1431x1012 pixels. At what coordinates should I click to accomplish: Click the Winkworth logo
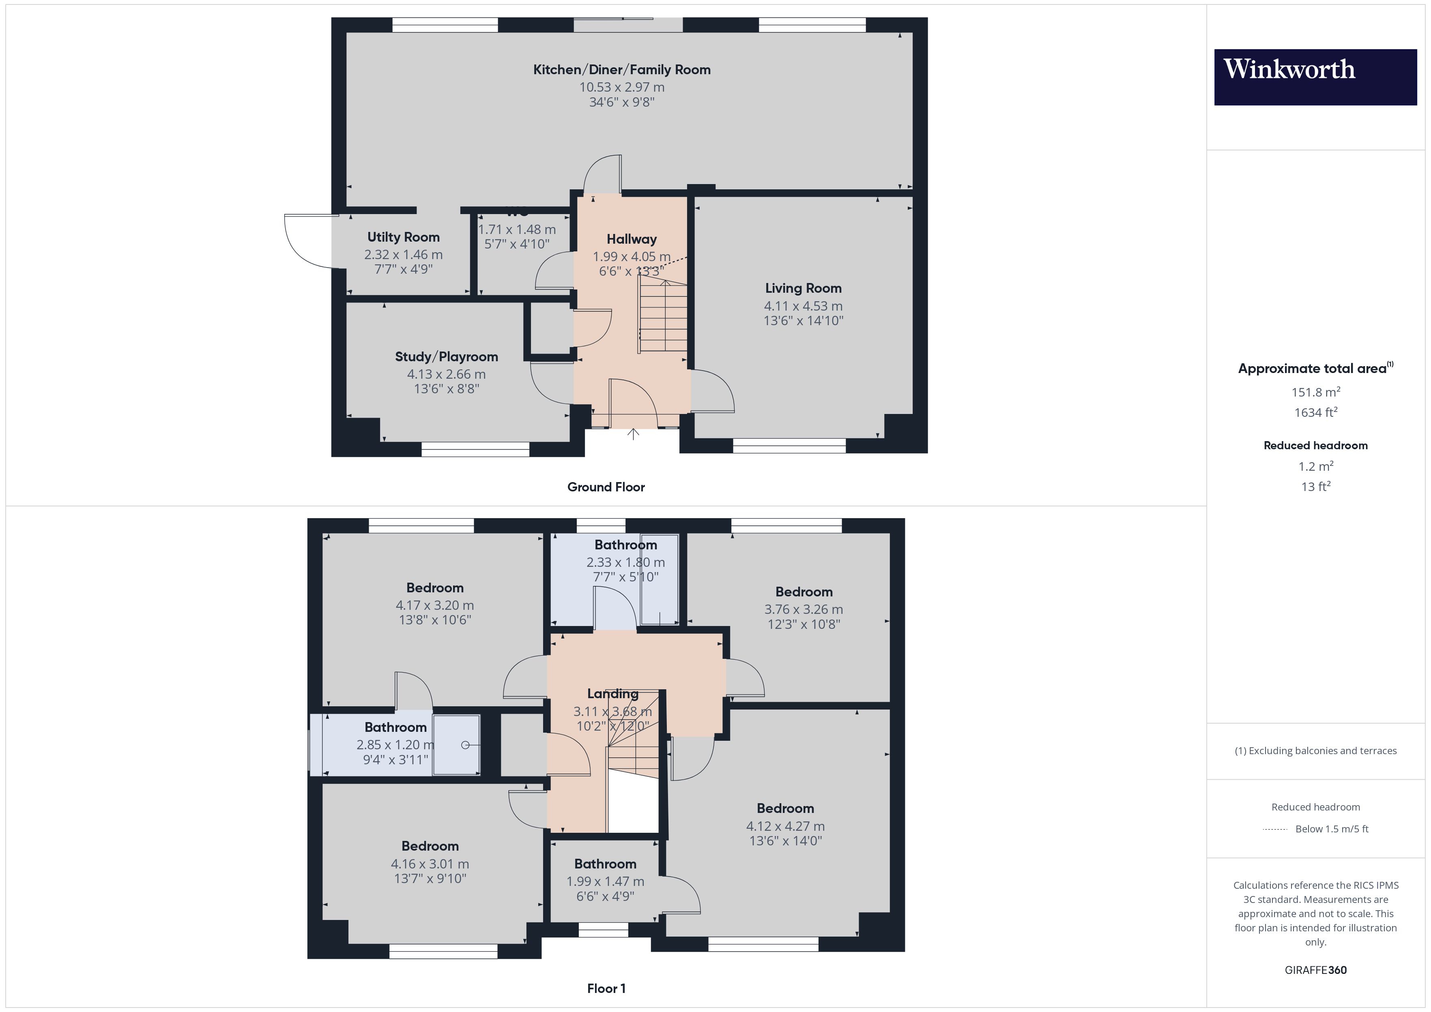click(1315, 77)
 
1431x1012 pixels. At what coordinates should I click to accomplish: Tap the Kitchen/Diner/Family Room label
click(621, 70)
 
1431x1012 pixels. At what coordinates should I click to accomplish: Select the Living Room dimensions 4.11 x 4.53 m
click(803, 306)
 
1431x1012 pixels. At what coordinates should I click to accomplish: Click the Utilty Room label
click(403, 237)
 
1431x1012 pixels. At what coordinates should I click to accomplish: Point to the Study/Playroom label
click(446, 356)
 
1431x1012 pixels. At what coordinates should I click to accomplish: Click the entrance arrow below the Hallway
click(633, 434)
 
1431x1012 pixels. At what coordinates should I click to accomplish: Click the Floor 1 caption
click(606, 988)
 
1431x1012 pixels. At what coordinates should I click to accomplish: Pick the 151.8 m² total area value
click(1315, 392)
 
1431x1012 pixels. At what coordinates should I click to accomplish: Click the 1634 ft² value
click(1315, 412)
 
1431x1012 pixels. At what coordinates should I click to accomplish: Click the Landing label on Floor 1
click(612, 694)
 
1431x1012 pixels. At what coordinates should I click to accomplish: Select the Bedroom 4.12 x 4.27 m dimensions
click(785, 826)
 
